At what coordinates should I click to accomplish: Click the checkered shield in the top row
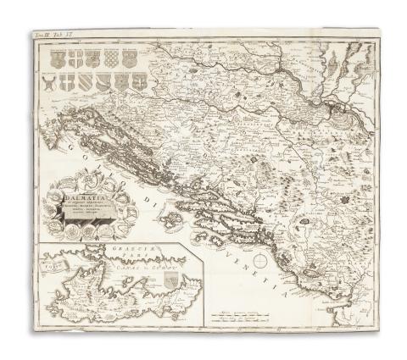110,58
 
